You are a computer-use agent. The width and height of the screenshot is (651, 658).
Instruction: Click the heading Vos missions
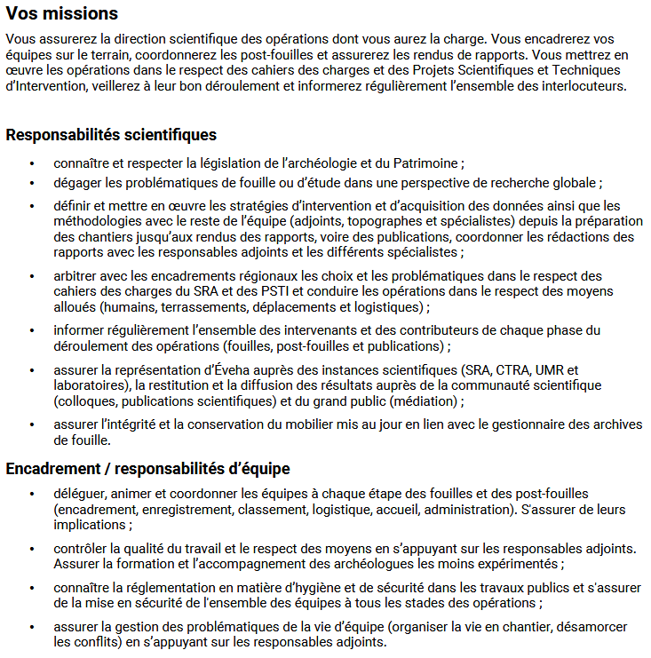click(61, 14)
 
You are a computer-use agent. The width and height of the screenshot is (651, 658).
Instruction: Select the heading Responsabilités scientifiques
click(111, 136)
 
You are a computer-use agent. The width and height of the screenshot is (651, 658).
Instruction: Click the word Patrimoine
click(422, 163)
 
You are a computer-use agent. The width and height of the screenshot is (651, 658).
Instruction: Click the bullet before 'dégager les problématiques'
click(33, 183)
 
